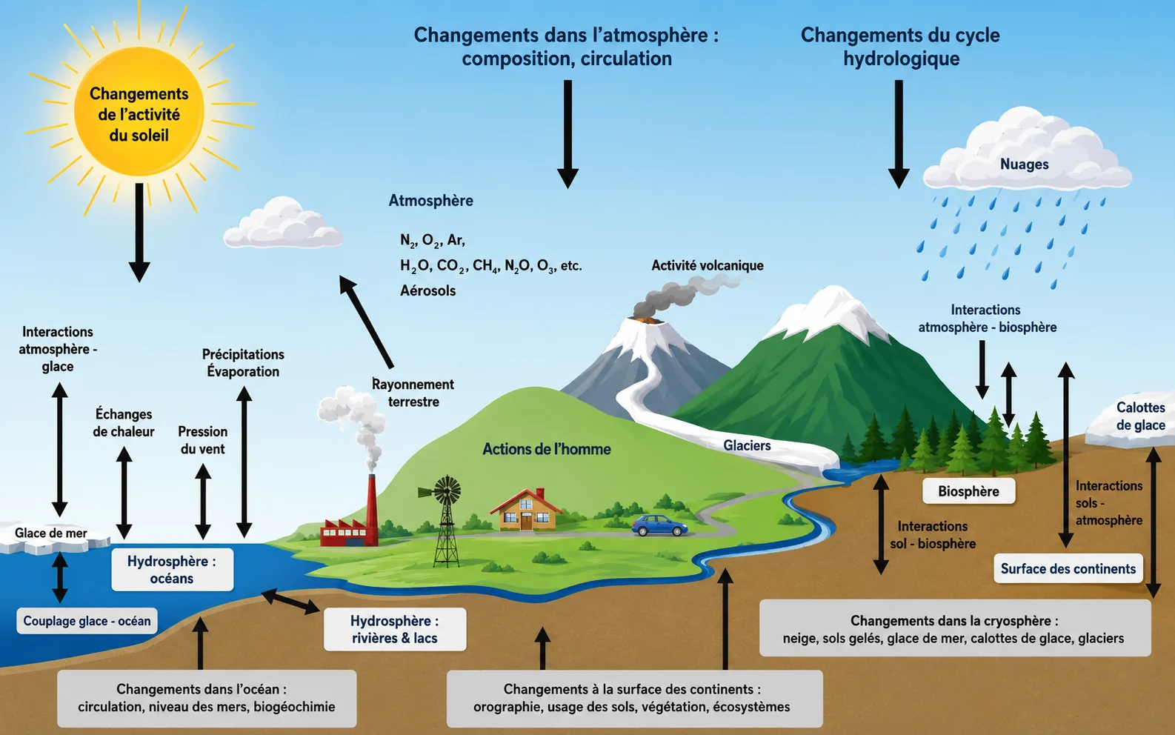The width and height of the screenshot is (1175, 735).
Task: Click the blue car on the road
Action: click(659, 525)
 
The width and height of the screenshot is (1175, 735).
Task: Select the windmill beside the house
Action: click(445, 520)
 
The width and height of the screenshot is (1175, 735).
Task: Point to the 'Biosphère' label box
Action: click(968, 491)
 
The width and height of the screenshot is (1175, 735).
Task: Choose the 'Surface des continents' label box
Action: click(1068, 568)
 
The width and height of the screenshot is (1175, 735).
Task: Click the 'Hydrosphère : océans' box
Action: click(172, 570)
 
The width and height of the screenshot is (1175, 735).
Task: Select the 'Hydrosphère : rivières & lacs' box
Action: click(394, 629)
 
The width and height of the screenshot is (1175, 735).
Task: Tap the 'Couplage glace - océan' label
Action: click(87, 621)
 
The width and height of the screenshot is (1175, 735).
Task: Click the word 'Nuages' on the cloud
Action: click(1024, 164)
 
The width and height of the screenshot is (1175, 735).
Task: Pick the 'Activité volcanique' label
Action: click(707, 265)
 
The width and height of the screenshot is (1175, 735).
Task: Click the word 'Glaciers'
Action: click(747, 445)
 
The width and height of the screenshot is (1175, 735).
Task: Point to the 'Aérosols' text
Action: click(428, 290)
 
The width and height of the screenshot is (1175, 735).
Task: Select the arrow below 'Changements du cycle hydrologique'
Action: click(899, 134)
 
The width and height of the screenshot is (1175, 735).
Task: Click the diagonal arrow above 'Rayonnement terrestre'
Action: click(366, 322)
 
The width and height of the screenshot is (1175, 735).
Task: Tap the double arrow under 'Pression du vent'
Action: click(203, 502)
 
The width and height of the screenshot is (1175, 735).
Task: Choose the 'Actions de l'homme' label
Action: click(547, 449)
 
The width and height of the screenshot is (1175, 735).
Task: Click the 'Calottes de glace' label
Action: click(1141, 416)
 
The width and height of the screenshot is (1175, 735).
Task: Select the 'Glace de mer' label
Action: click(51, 533)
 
